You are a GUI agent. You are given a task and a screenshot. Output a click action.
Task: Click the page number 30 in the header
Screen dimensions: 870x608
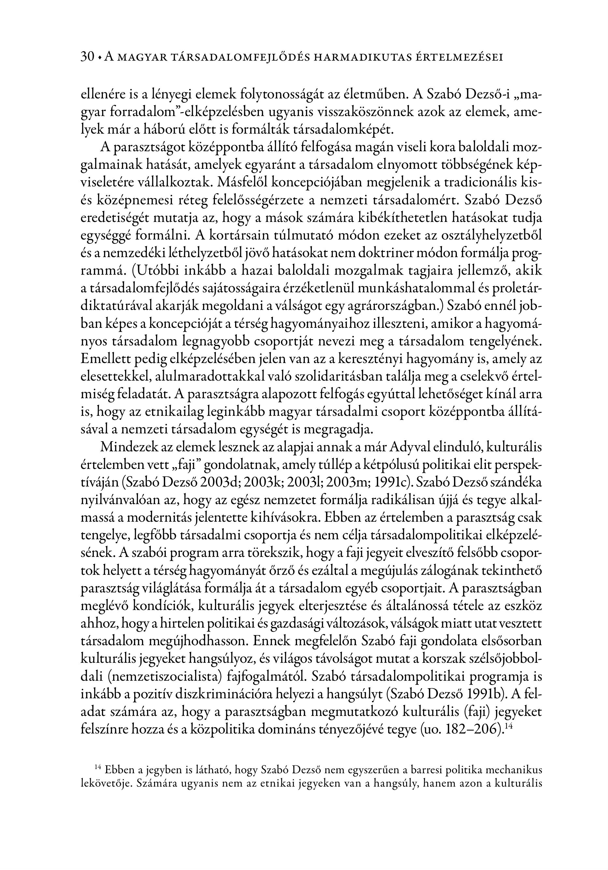(87, 57)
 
